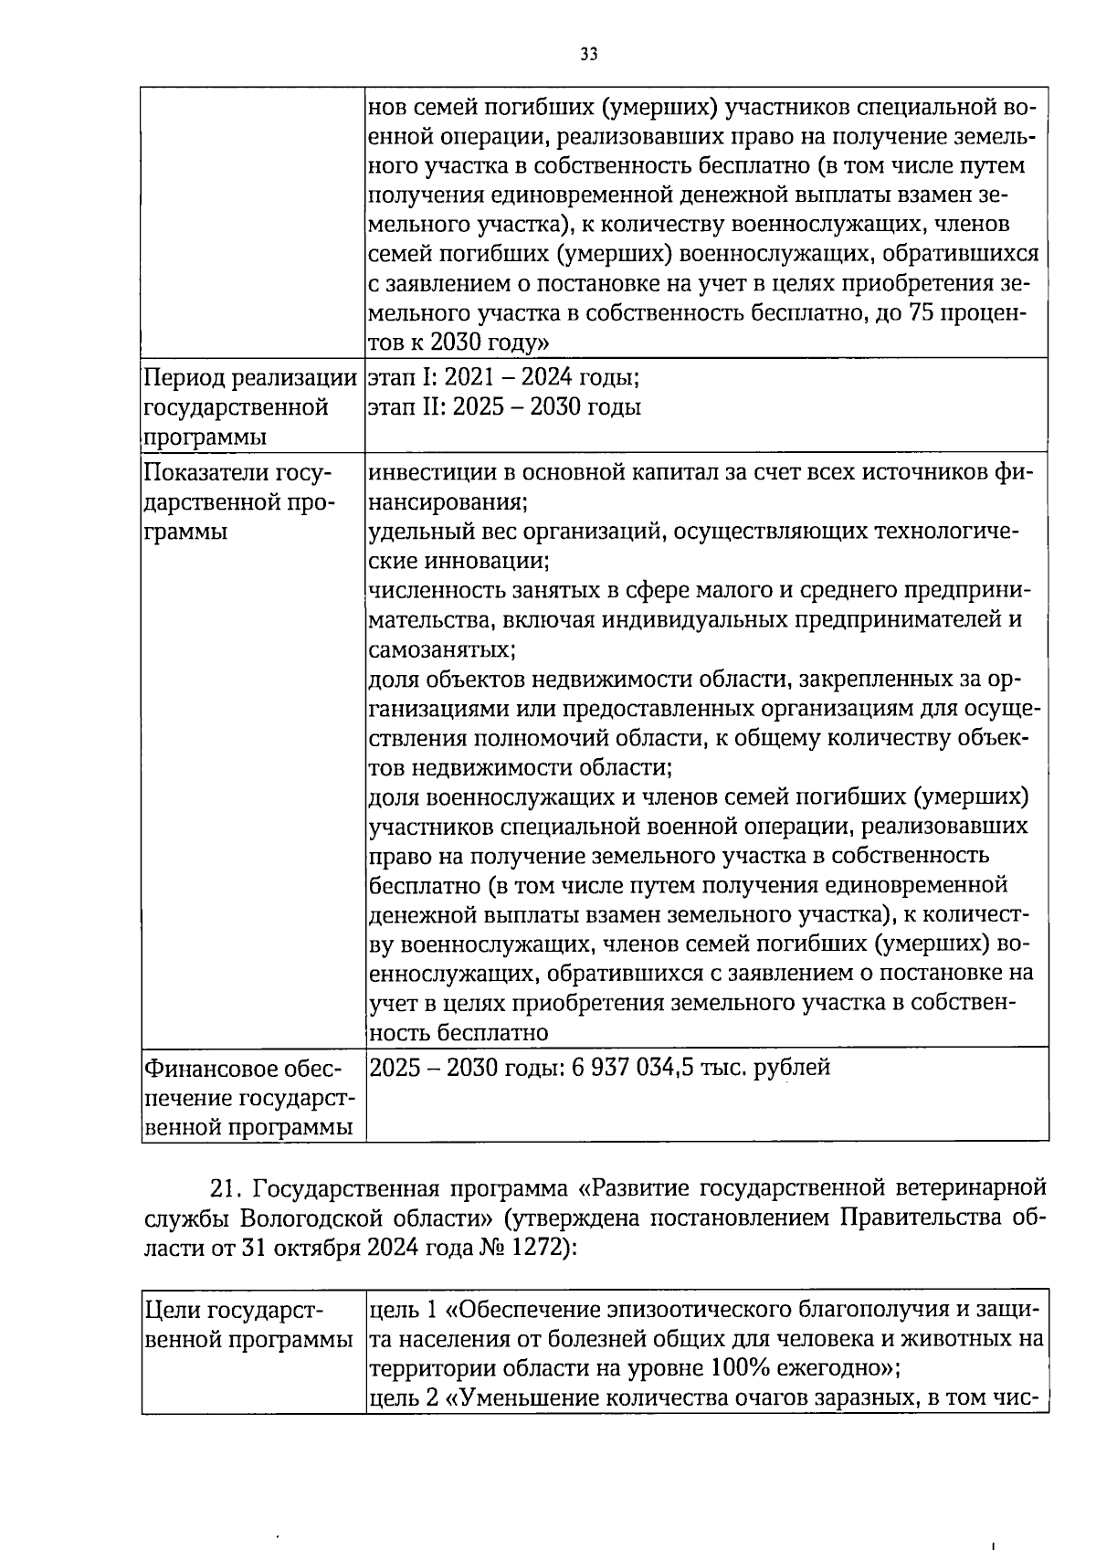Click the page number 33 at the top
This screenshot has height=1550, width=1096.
[588, 54]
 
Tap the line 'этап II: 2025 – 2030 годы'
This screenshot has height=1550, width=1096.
[503, 406]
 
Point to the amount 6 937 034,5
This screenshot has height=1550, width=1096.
[632, 1067]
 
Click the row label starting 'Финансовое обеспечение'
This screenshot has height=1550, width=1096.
[248, 1097]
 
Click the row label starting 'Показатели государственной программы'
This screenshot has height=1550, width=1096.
[239, 501]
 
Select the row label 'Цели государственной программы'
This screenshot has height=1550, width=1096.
[248, 1325]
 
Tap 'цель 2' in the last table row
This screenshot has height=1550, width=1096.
[404, 1398]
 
